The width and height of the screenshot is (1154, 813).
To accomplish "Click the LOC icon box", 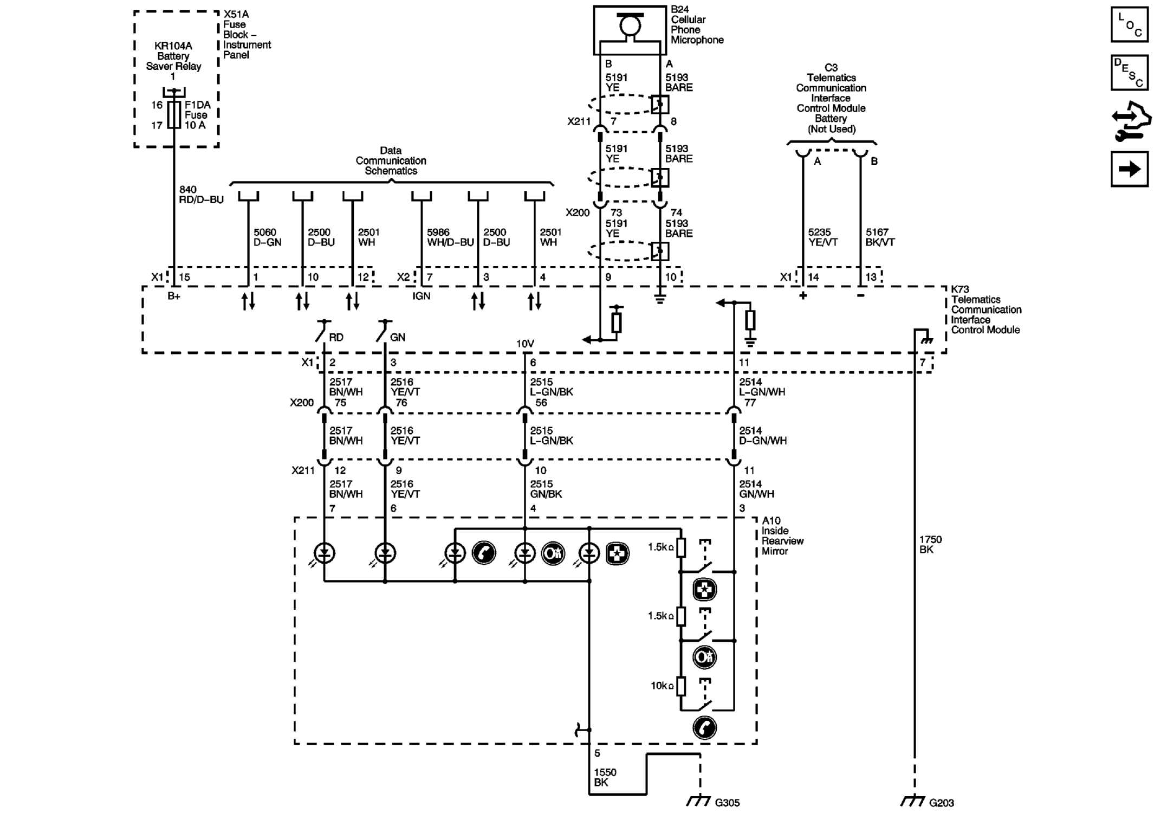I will tap(1129, 25).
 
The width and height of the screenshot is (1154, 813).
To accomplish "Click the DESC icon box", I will tap(1129, 73).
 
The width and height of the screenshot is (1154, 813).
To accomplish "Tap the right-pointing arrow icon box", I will tap(1129, 170).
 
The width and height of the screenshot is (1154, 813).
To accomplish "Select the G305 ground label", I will tap(727, 803).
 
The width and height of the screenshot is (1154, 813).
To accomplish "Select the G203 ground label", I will tap(941, 803).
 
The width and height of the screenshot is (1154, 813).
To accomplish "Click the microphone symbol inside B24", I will tap(630, 26).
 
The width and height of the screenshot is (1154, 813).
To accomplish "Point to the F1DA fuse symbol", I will tap(174, 115).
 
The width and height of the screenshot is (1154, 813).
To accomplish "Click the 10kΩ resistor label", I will tap(662, 686).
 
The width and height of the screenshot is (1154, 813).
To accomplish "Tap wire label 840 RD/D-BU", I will tap(200, 195).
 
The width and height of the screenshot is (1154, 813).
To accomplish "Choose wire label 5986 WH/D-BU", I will tap(450, 237).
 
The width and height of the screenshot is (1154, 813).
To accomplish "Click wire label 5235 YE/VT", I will tap(822, 237).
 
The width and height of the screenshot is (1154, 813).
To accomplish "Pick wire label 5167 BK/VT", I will tap(879, 237).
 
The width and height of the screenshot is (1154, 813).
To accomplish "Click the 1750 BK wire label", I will tap(930, 544).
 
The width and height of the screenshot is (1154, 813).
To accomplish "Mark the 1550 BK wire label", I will tap(605, 777).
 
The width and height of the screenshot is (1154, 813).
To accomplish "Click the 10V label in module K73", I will tap(525, 344).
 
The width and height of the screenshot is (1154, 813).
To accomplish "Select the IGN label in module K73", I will tap(421, 296).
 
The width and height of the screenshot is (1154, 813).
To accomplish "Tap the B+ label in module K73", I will tap(173, 296).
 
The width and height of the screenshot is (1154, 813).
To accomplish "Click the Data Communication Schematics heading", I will tap(391, 160).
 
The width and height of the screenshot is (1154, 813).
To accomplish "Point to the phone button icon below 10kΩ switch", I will tap(704, 727).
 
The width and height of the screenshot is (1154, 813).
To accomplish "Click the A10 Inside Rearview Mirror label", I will tap(782, 535).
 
